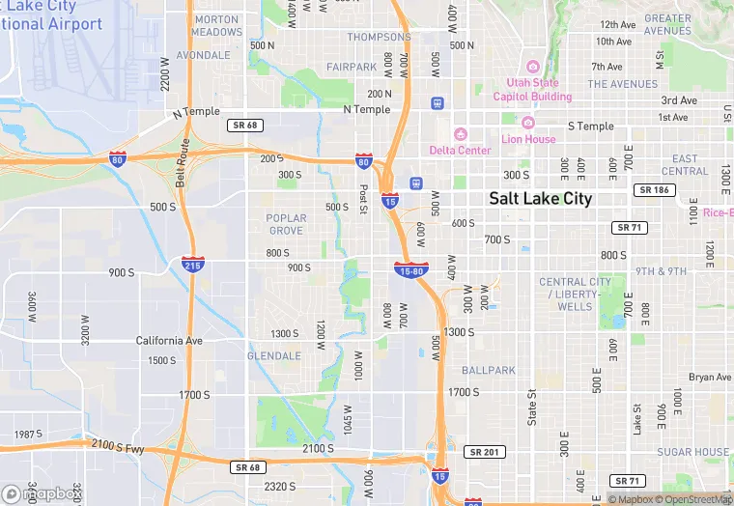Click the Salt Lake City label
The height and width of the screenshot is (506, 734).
pos(540,198)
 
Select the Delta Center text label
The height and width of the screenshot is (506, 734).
pos(460,150)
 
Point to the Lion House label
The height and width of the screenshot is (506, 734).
pos(528,139)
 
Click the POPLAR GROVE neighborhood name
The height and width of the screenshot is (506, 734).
pos(286,224)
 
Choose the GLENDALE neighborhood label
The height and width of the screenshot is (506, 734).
pos(274,356)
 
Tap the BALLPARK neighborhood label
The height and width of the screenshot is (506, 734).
pos(489,371)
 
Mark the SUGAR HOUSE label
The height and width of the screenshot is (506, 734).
pos(693,452)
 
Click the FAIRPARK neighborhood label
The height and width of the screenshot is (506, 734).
pos(352,67)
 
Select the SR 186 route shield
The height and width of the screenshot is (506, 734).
pos(654,190)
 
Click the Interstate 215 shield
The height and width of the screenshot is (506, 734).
pos(191,263)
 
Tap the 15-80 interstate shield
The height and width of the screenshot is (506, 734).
pos(409,270)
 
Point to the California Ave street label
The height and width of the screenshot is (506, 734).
pos(169,341)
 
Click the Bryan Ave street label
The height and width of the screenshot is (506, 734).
pos(710,377)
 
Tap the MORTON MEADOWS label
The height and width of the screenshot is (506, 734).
pos(216,25)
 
